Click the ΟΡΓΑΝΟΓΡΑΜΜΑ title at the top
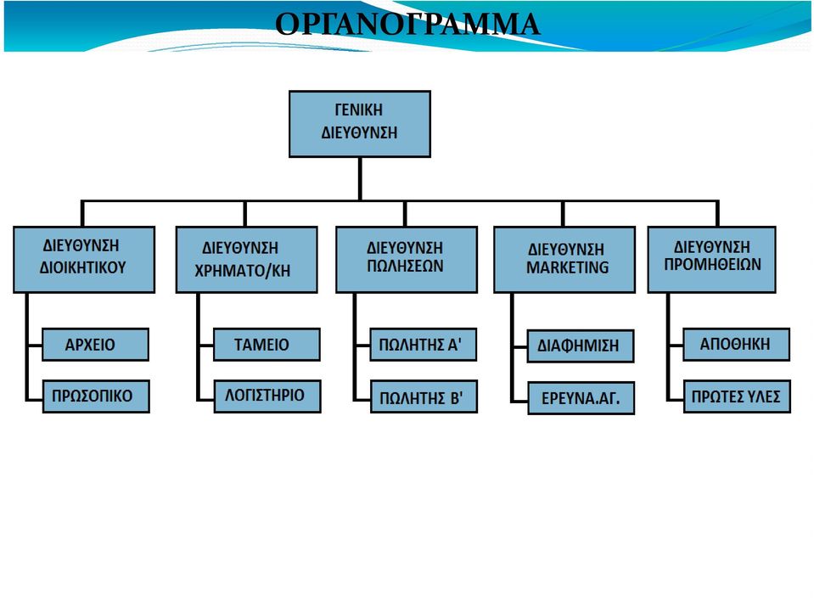point(407,24)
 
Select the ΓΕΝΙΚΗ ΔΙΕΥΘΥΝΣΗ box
point(360,124)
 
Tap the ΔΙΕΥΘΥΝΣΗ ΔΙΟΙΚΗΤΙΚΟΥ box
point(84,260)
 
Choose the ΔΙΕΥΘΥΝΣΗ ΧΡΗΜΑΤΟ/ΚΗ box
point(247,260)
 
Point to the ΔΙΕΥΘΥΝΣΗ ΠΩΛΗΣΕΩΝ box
point(407,260)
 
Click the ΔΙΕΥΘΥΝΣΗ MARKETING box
point(564,260)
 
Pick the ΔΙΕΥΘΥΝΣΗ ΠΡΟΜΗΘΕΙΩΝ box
point(712,260)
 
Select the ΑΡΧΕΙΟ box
point(96,345)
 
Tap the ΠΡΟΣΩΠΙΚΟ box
point(96,396)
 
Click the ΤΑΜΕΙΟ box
point(267,345)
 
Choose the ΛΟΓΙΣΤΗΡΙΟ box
point(267,396)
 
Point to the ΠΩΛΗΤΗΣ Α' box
point(423,345)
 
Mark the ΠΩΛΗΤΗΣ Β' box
point(424,397)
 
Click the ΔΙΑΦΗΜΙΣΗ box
point(581,346)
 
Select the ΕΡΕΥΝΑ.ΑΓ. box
point(581,398)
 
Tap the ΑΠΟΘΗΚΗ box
point(736,345)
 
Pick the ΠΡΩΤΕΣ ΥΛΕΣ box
point(737,397)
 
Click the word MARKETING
point(567,267)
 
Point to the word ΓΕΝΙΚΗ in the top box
point(359,110)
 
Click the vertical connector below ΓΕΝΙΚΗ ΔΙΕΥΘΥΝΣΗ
point(360,178)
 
